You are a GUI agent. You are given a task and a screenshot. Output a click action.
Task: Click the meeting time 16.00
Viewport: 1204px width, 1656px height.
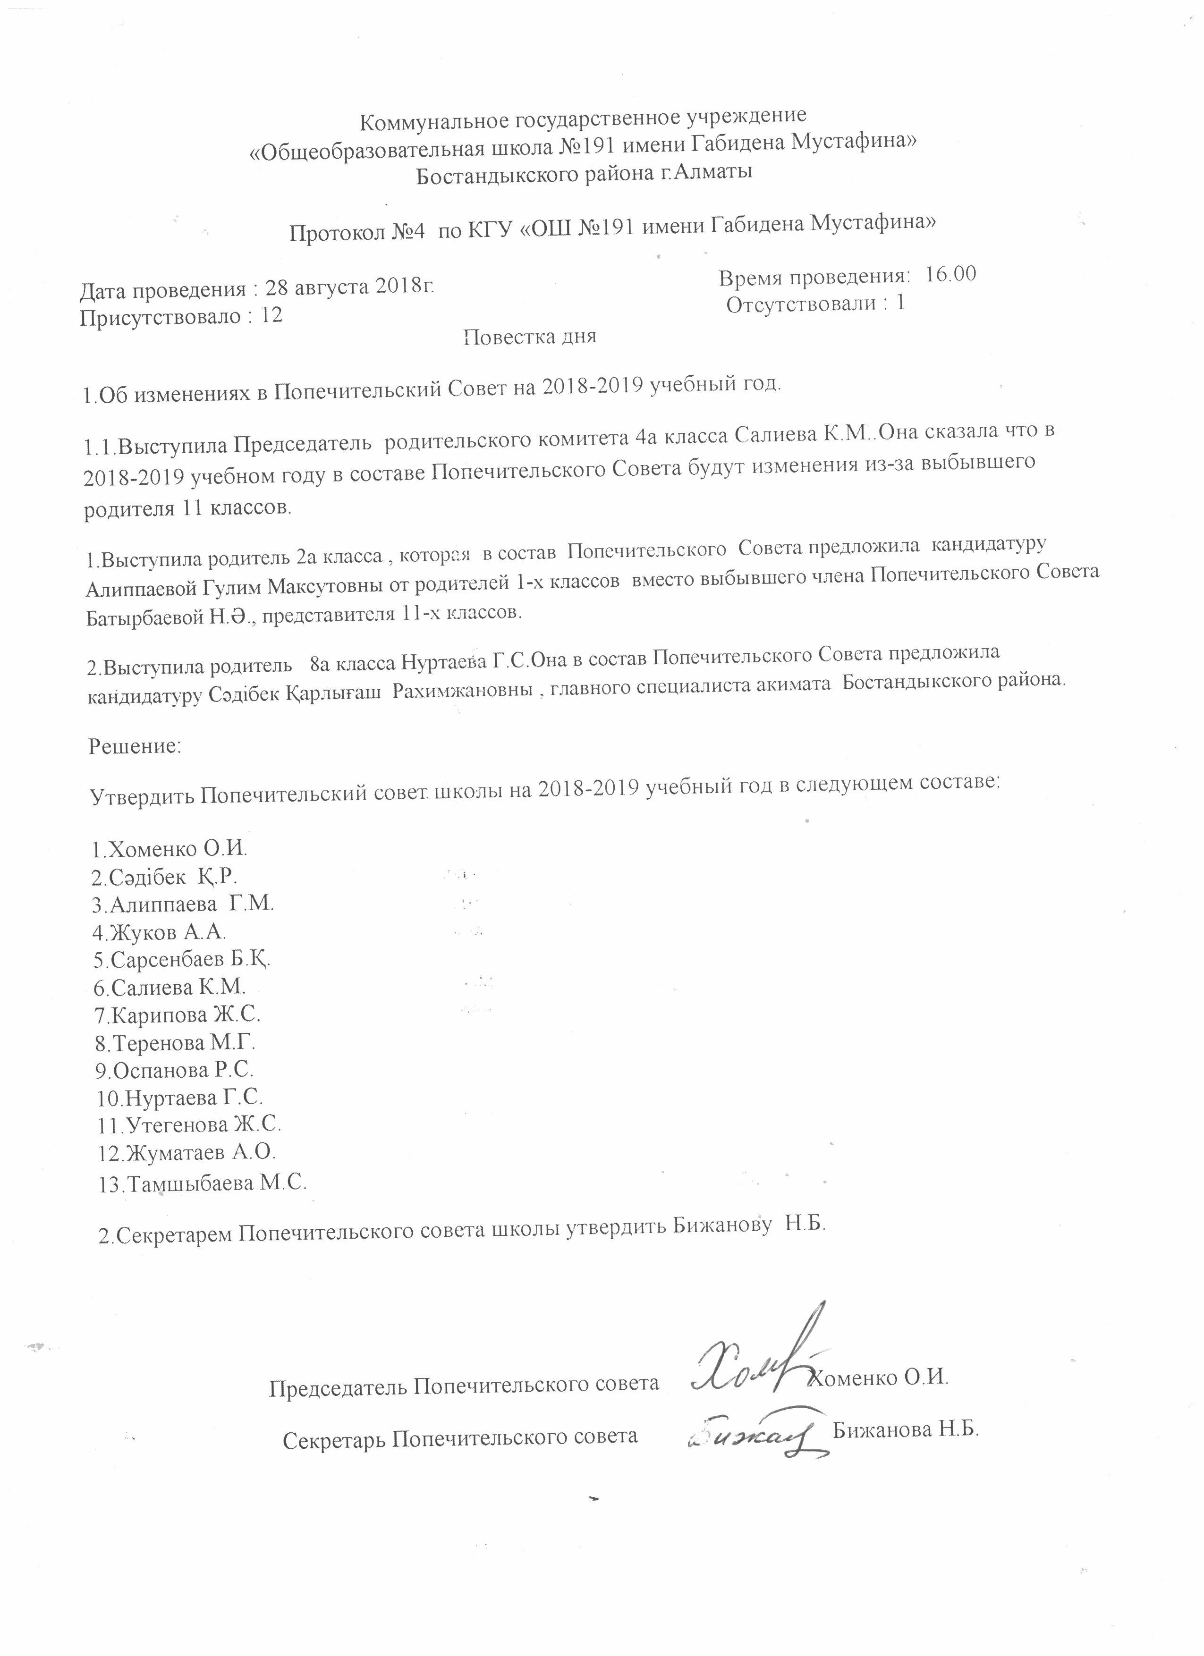coord(950,275)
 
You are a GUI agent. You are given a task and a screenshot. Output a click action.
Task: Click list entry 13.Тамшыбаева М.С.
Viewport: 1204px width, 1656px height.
coord(202,1183)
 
